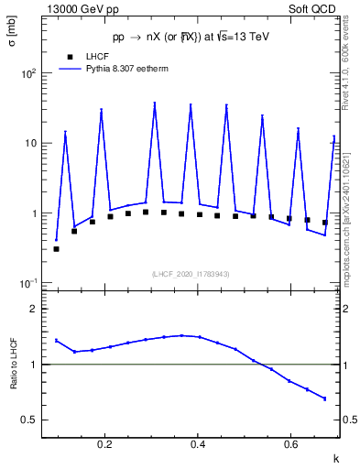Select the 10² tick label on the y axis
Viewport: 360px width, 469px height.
tap(27, 73)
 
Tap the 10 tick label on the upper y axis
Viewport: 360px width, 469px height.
tap(29, 144)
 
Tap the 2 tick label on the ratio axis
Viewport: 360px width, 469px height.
tap(33, 310)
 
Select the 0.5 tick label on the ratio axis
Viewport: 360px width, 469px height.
tap(29, 420)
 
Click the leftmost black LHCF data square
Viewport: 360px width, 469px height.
tap(56, 248)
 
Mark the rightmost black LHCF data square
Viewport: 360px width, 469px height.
tap(324, 223)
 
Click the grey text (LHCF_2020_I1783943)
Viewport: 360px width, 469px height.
tap(191, 274)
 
